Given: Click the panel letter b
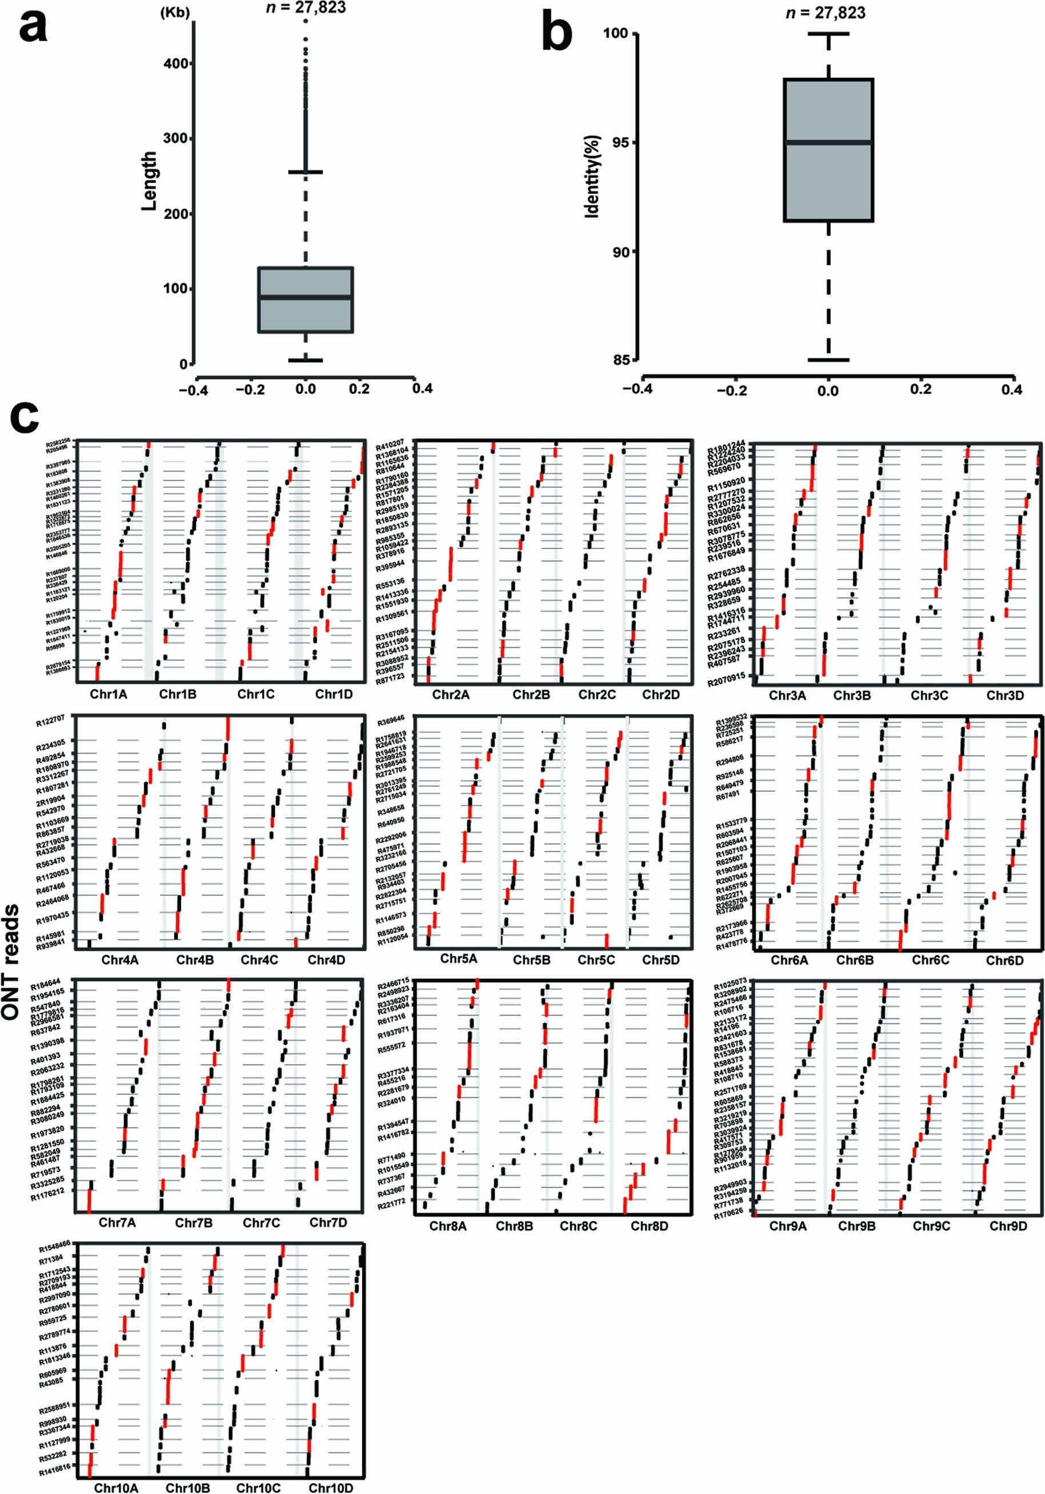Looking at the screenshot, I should [x=557, y=34].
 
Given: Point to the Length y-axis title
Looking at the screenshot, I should [x=149, y=181].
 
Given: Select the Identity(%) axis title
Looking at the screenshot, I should [x=592, y=176].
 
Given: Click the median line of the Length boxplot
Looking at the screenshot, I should [x=306, y=297].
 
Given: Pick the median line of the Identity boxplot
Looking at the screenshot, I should [x=828, y=142].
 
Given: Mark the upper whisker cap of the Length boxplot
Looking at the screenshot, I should [x=306, y=173].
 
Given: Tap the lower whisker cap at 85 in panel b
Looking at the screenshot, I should [x=828, y=359].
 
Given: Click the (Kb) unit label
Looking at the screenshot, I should [x=175, y=13].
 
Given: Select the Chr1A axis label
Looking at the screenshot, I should [x=109, y=694].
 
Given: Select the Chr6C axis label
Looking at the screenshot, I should [x=930, y=961].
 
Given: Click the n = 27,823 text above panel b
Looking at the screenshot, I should [x=825, y=13].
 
